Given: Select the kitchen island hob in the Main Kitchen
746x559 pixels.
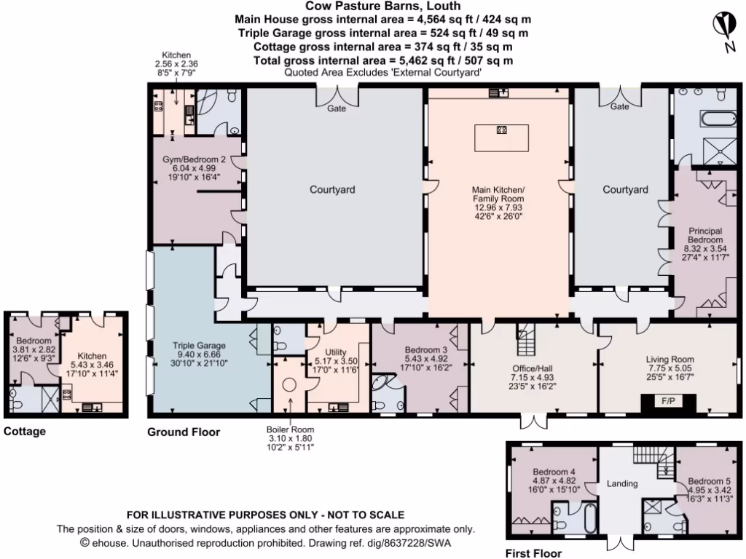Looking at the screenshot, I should point(501,131).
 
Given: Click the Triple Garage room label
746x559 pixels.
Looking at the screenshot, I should point(199,346).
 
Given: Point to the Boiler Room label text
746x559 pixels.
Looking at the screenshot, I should point(290,429).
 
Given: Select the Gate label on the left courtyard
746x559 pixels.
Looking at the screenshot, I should point(337,108).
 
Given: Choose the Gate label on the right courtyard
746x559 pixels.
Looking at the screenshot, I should point(619,107).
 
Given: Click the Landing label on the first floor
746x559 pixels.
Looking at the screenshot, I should point(622,483).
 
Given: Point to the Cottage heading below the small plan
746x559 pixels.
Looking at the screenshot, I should point(25,432).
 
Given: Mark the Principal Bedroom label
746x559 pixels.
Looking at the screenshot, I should point(705,234).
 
